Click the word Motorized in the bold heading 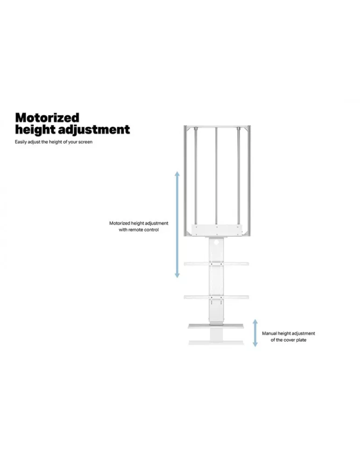(x=47, y=118)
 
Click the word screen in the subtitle (x=85, y=142)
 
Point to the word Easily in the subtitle (x=21, y=142)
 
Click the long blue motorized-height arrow (x=177, y=225)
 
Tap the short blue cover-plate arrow (x=255, y=333)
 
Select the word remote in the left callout (x=136, y=230)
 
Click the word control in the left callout (x=152, y=230)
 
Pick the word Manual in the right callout (x=269, y=333)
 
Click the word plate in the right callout (x=301, y=340)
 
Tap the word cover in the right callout (x=289, y=340)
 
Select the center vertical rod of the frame (x=217, y=177)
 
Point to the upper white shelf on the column (x=217, y=263)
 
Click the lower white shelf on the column (x=217, y=297)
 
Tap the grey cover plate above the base (x=216, y=326)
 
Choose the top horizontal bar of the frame (x=218, y=127)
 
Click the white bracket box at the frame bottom (x=217, y=230)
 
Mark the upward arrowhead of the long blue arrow (x=177, y=174)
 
